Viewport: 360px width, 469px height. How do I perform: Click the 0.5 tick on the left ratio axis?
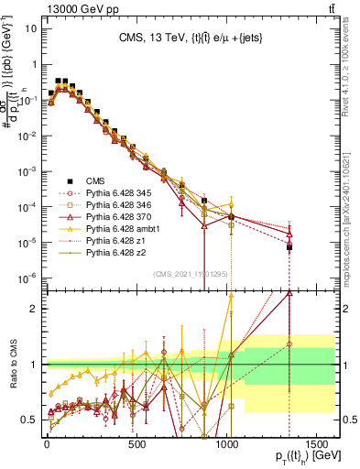click(x=32, y=420)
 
